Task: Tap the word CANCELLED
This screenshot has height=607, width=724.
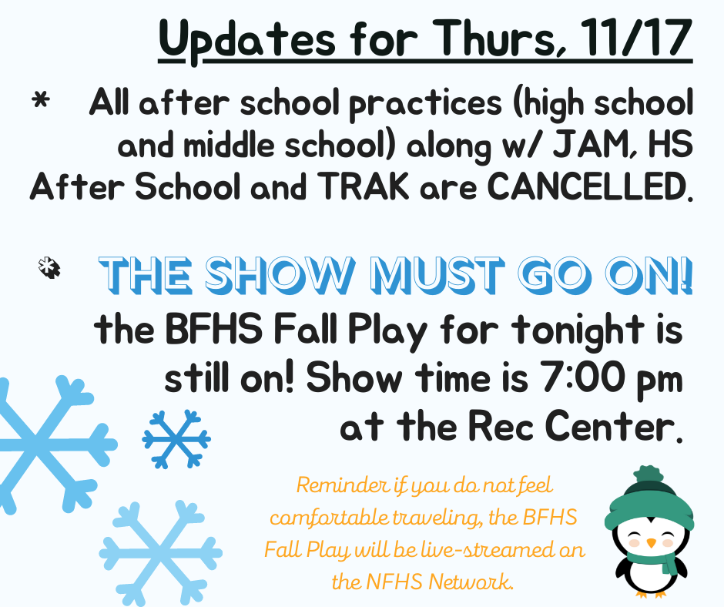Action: pyautogui.click(x=591, y=186)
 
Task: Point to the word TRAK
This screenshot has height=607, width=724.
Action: pyautogui.click(x=364, y=186)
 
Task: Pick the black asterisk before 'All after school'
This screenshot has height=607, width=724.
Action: pyautogui.click(x=41, y=100)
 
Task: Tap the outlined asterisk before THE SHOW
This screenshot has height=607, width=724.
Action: pyautogui.click(x=49, y=268)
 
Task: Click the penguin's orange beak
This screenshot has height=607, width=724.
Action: pyautogui.click(x=651, y=543)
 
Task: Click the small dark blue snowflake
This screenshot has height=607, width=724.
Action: pyautogui.click(x=176, y=439)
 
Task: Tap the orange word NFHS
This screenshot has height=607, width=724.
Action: pyautogui.click(x=394, y=582)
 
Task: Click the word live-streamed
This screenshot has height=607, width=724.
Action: pyautogui.click(x=481, y=550)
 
